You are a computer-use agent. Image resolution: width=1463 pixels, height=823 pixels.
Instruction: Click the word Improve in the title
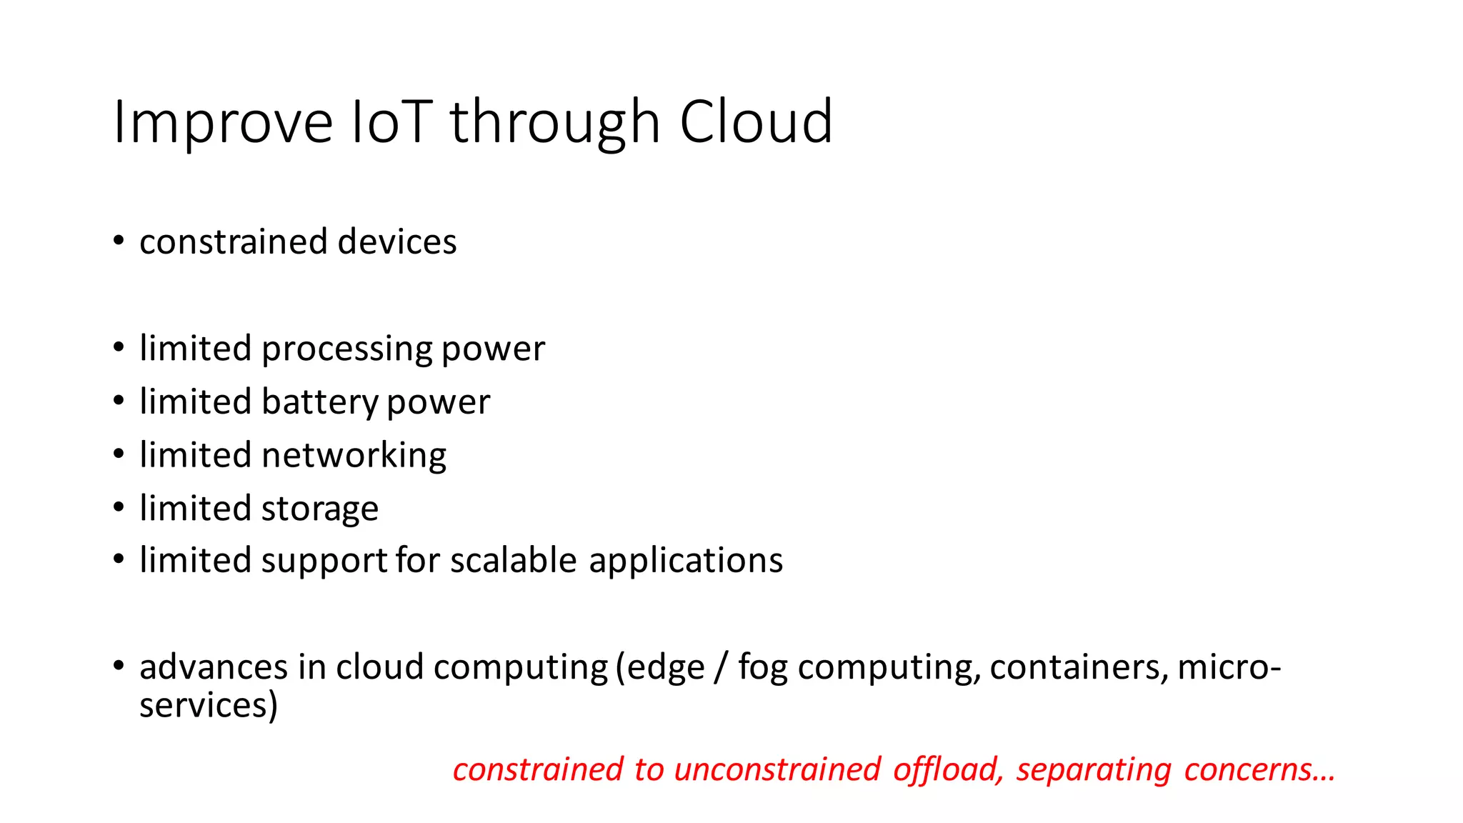tap(223, 123)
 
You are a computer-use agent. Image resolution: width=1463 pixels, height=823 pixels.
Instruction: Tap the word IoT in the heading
tap(392, 123)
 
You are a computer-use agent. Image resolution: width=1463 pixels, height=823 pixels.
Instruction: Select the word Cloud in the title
tap(756, 123)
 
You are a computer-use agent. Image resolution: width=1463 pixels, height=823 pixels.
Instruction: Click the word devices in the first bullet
tap(397, 241)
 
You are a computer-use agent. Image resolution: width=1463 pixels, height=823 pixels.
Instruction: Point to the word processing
tap(347, 349)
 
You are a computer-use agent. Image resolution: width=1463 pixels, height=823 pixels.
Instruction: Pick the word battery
tap(319, 402)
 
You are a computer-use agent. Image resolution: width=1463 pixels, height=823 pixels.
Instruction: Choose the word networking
tap(354, 456)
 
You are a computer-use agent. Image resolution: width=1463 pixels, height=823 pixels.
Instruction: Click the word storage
tap(319, 509)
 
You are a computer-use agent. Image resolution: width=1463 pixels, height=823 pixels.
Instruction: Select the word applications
tap(686, 562)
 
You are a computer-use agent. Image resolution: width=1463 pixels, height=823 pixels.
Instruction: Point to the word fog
tap(763, 668)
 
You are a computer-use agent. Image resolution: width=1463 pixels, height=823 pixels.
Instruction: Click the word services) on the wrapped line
tap(208, 705)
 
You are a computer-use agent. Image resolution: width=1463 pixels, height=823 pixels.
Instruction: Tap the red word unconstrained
tap(777, 769)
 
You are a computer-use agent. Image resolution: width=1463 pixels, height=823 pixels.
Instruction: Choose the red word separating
tap(1094, 771)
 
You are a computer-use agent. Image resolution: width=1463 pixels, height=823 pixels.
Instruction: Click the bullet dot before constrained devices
tap(119, 240)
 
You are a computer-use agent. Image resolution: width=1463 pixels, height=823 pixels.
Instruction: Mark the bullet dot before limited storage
tap(119, 507)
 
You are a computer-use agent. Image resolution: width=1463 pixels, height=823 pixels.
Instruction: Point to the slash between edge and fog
tap(721, 668)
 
